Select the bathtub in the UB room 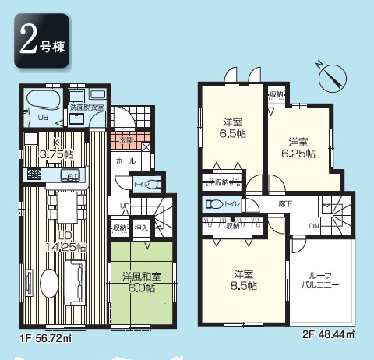42,100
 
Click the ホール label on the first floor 124,161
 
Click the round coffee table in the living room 48,281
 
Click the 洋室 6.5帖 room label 231,128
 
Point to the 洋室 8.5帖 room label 245,280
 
